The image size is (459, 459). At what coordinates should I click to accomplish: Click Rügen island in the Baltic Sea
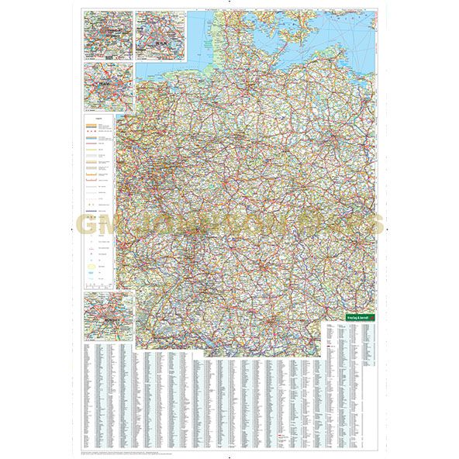(x=323, y=28)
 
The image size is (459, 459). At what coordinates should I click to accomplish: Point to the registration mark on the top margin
(x=229, y=5)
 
